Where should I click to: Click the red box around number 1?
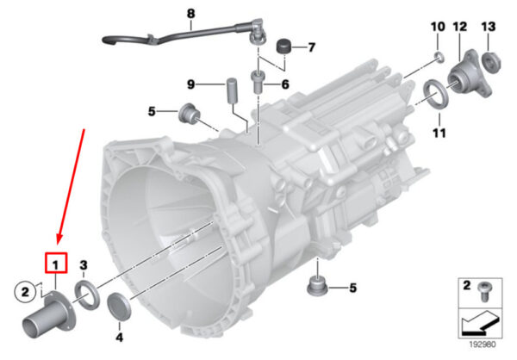coord(56,263)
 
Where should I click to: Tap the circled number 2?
coord(25,292)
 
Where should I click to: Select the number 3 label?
coord(84,264)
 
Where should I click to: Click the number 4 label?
coord(119,337)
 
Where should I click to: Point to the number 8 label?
coord(191,14)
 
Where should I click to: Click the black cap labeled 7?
coord(283,47)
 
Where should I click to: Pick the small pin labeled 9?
coord(232,90)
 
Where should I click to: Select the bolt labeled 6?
coord(257,82)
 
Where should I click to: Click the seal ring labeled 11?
coord(436,94)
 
